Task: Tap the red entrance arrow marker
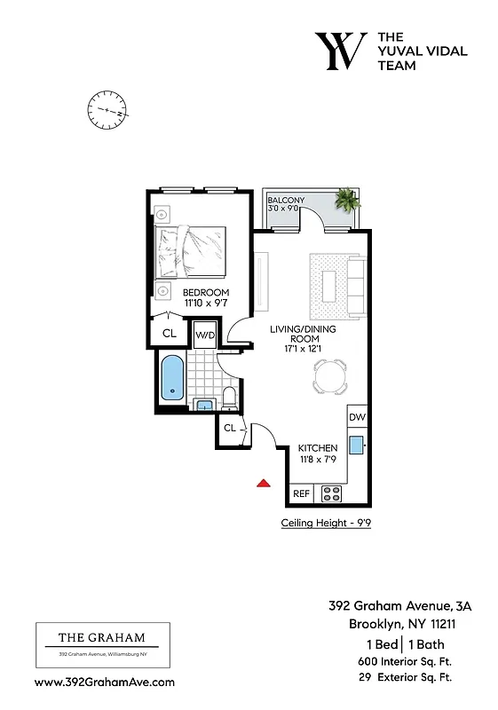click(x=263, y=483)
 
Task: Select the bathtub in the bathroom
click(x=170, y=377)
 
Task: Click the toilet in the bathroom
click(x=228, y=398)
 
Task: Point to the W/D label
click(x=204, y=335)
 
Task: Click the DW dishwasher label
click(x=357, y=417)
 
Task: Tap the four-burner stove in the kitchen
click(x=331, y=492)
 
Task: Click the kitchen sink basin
click(x=357, y=446)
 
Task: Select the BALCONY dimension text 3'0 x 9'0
click(x=286, y=209)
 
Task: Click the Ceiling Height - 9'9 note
click(x=325, y=523)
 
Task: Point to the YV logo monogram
click(x=340, y=51)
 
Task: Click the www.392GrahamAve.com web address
click(x=104, y=682)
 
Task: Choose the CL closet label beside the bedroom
click(x=169, y=333)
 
